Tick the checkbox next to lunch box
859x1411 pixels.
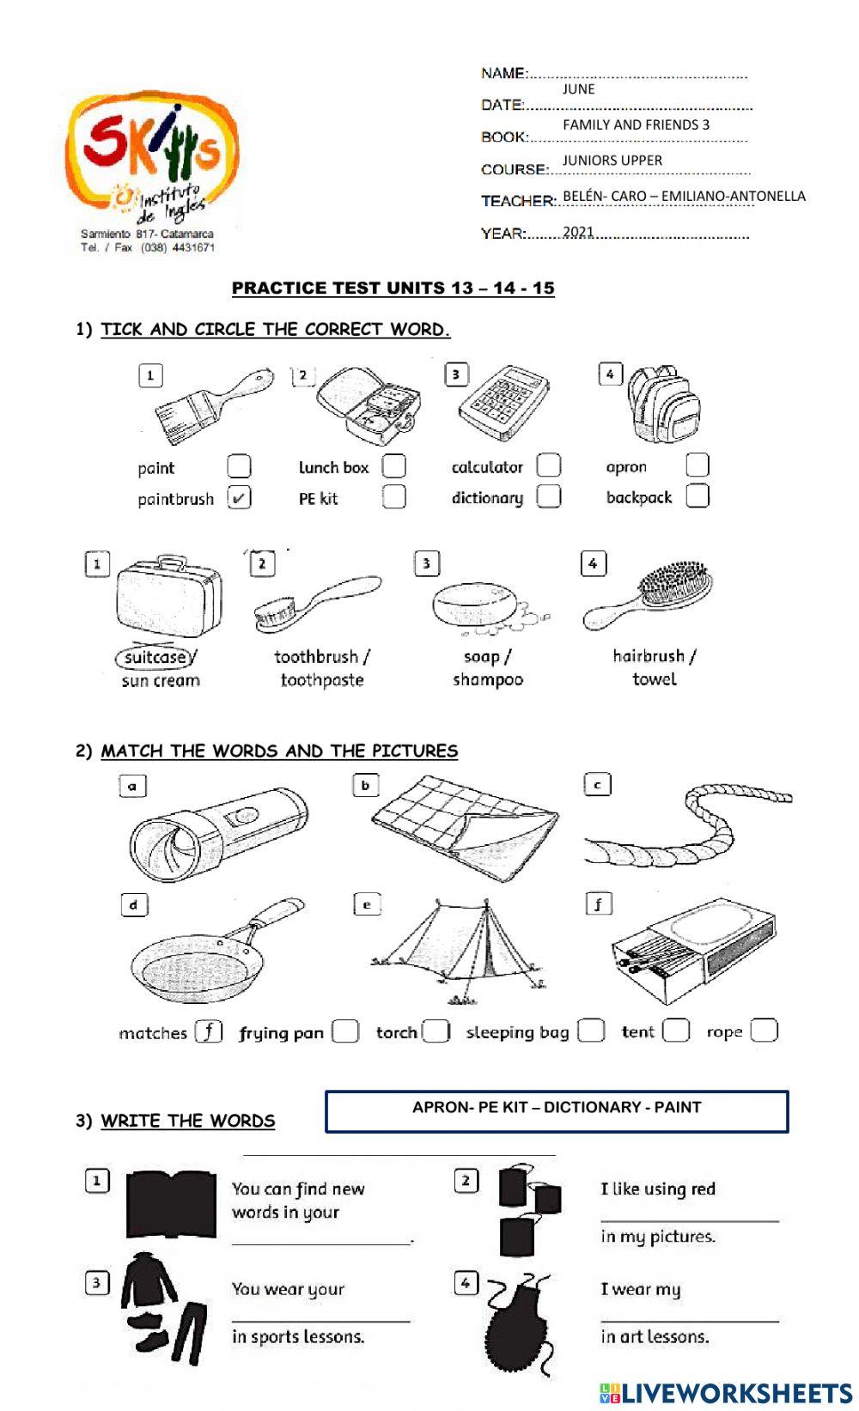pos(393,465)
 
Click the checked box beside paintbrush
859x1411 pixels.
pos(239,497)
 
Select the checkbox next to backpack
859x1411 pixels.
pos(698,496)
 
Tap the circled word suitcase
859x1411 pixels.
pos(155,657)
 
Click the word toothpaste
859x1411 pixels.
pos(322,680)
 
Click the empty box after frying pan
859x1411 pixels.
pos(345,1031)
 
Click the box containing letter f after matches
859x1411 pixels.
pos(209,1031)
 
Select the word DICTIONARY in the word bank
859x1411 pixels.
pos(592,1107)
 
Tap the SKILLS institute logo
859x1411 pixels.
pos(153,155)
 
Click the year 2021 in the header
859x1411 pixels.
pos(578,232)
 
